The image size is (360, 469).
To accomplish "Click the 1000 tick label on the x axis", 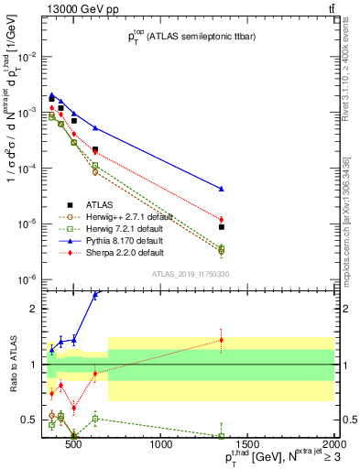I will [x=162, y=445].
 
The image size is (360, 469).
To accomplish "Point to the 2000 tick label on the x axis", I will [x=333, y=445].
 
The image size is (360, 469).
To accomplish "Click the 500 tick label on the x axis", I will [x=74, y=445].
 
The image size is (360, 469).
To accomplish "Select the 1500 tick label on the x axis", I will [x=247, y=445].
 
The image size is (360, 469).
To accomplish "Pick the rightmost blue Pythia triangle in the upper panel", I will [x=324, y=189].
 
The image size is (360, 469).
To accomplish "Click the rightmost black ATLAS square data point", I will [x=324, y=226].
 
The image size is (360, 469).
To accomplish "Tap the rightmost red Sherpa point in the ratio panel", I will [x=324, y=340].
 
